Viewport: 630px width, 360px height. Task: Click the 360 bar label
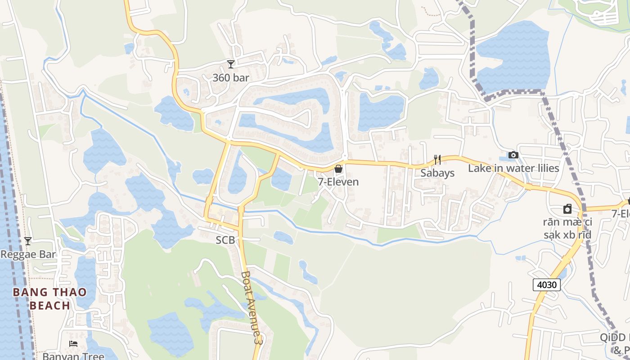point(230,77)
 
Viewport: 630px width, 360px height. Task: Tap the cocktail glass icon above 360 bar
point(231,64)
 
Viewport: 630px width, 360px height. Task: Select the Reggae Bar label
point(28,254)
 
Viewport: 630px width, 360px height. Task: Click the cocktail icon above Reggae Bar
point(28,241)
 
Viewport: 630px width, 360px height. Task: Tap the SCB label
point(225,240)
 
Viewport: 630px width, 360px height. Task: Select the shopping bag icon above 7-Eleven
point(338,169)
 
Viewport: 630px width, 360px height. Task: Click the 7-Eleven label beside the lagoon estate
point(338,182)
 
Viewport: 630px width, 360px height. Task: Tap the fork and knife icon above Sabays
point(437,159)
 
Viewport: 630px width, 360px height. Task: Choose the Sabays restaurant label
point(437,173)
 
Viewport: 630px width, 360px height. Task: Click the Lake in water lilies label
point(513,168)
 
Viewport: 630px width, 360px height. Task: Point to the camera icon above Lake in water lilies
point(513,155)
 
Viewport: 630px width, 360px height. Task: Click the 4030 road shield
point(547,284)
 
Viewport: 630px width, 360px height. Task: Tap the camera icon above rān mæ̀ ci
point(567,209)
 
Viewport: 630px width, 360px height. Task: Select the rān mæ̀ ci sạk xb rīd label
point(567,228)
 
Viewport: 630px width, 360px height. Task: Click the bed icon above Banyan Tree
point(73,344)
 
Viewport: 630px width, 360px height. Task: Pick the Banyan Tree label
point(73,356)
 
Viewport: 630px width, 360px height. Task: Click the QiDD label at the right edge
point(614,337)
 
